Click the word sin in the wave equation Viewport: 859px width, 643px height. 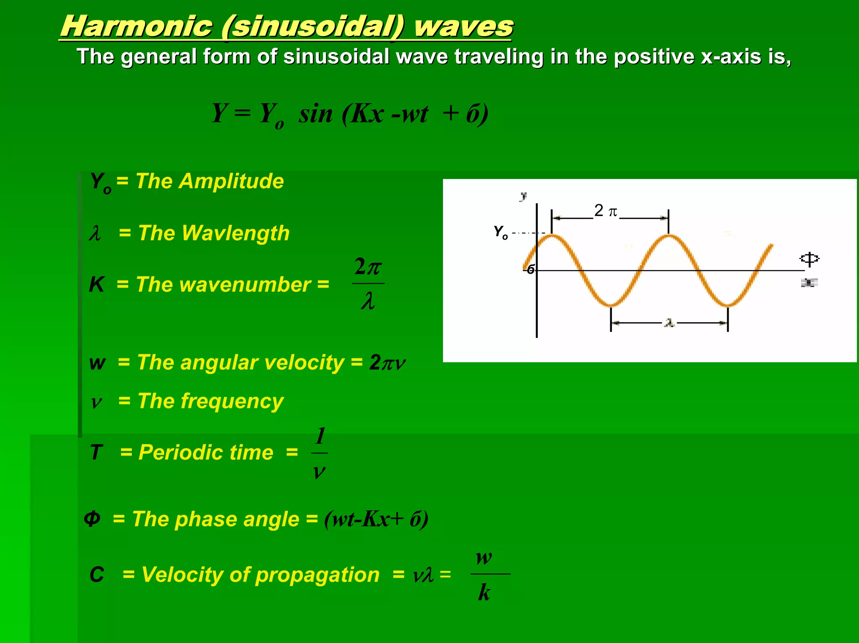pyautogui.click(x=315, y=114)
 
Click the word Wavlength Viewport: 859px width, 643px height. pyautogui.click(x=235, y=233)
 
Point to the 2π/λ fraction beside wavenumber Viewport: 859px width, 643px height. pyautogui.click(x=368, y=284)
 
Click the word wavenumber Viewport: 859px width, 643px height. pyautogui.click(x=245, y=285)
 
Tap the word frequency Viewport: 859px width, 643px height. pyautogui.click(x=232, y=401)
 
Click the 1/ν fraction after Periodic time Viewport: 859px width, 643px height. pyautogui.click(x=320, y=453)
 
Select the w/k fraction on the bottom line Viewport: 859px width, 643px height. pyautogui.click(x=485, y=575)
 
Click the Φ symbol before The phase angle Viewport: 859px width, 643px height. pyautogui.click(x=92, y=519)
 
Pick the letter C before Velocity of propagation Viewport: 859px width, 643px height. pyautogui.click(x=97, y=575)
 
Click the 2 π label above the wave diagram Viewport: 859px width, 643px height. pyautogui.click(x=605, y=211)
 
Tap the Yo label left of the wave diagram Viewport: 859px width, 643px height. pyautogui.click(x=500, y=231)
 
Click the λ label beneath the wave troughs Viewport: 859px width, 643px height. pyautogui.click(x=669, y=323)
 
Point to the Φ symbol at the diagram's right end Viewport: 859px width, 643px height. pyautogui.click(x=809, y=259)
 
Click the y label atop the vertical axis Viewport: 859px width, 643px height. pyautogui.click(x=523, y=196)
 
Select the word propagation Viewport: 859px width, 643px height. pyautogui.click(x=317, y=575)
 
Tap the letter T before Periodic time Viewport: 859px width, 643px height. pyautogui.click(x=96, y=453)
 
